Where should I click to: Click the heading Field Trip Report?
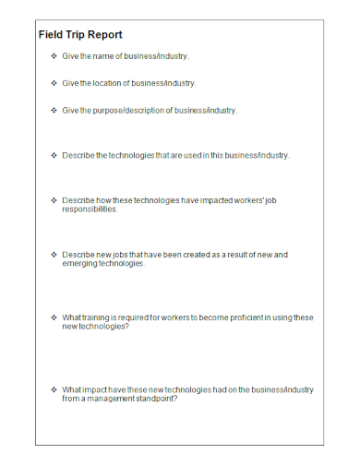[80, 35]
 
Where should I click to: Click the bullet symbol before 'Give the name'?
[53, 57]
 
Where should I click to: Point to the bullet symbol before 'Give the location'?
[53, 83]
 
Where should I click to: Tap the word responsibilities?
[90, 209]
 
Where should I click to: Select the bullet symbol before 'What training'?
[53, 317]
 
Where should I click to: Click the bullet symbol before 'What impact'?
[53, 389]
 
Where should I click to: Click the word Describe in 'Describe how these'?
[78, 199]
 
